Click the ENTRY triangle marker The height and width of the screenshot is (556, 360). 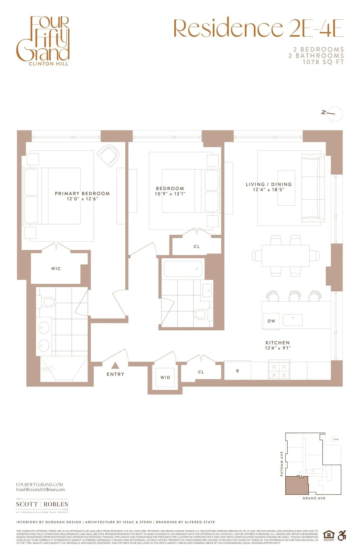[115, 365]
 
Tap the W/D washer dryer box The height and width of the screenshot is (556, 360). [165, 377]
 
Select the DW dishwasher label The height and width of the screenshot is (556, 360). [271, 321]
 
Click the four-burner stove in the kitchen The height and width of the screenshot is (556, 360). [279, 371]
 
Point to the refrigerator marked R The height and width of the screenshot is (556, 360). [237, 371]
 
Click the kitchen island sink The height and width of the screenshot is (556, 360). [292, 320]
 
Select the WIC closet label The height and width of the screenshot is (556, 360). [56, 269]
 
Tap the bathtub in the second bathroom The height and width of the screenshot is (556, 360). [183, 269]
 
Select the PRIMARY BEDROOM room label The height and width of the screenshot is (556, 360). [82, 193]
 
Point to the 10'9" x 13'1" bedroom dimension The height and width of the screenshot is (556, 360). [170, 194]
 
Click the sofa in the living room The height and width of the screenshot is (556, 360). [313, 188]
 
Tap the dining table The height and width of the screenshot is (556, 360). [285, 256]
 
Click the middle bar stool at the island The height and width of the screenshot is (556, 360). [295, 296]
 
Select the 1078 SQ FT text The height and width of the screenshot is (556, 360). [323, 62]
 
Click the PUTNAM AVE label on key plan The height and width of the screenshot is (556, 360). [282, 464]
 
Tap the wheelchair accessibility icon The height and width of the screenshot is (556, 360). [342, 535]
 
